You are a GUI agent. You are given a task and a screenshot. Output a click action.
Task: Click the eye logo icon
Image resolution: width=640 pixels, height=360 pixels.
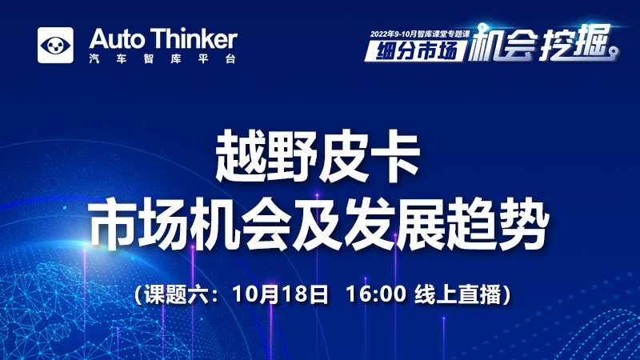coord(55,46)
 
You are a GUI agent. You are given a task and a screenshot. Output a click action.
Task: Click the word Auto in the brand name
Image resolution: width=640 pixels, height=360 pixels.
coord(117,39)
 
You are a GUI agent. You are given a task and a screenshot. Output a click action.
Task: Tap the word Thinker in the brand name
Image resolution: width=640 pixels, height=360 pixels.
coord(194,39)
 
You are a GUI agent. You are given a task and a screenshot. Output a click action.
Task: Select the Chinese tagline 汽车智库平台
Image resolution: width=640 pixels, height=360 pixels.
coord(162,58)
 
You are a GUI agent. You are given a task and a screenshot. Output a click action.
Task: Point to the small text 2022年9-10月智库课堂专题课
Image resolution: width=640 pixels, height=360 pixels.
coord(421,34)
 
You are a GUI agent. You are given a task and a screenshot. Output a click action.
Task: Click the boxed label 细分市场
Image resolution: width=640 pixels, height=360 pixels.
coord(416,51)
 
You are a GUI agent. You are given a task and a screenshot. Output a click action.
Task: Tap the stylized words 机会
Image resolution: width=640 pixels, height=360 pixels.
coord(502,43)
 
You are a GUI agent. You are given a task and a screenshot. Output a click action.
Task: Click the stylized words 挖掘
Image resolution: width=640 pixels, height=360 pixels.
coord(574,43)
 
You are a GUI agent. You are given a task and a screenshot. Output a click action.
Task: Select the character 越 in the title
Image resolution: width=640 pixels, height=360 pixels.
coord(241,156)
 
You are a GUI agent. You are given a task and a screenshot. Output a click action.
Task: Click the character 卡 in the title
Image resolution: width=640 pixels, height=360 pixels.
coord(394,156)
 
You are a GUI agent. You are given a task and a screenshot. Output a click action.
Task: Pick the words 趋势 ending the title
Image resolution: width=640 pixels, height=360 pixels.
coord(498,224)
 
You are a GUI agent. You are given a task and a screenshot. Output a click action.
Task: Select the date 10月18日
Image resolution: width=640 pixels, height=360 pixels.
coord(280,294)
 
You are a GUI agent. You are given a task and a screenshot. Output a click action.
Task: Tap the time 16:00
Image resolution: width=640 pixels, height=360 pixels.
coord(376,294)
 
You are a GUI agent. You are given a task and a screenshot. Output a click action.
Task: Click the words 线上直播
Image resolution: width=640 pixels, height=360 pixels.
coord(458,294)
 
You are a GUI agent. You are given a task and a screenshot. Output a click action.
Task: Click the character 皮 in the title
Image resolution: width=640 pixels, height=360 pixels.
coord(343,156)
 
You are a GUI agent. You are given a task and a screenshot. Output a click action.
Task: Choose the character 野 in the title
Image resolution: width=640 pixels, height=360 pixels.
coord(292,156)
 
